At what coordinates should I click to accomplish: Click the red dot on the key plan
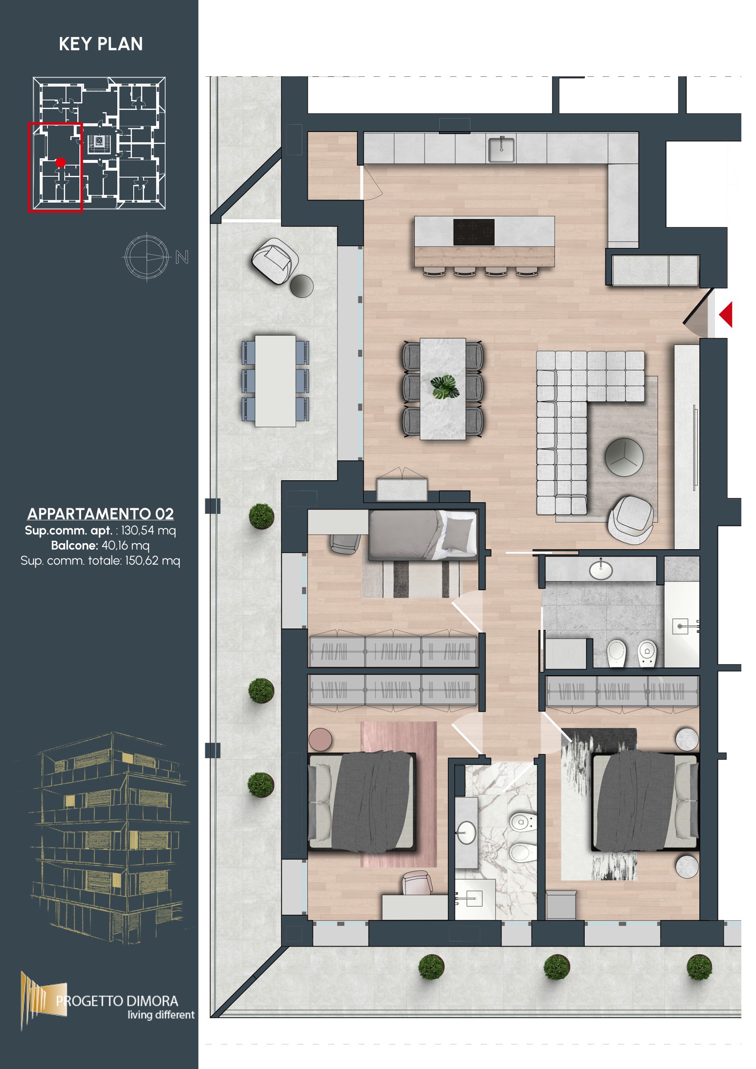point(60,163)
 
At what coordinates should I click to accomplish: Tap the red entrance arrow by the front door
point(726,314)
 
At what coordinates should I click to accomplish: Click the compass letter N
point(182,257)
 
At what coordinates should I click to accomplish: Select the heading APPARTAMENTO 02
point(100,513)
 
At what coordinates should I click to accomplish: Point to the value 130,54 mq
point(148,530)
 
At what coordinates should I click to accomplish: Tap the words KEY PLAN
point(100,44)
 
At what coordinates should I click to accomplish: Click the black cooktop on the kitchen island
point(474,232)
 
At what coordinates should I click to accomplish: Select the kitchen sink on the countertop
point(502,150)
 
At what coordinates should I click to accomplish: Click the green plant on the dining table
point(445,387)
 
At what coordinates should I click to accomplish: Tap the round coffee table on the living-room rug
point(624,457)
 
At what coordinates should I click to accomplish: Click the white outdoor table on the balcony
point(275,381)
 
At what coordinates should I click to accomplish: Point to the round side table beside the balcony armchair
point(301,285)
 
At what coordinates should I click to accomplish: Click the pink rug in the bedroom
point(399,794)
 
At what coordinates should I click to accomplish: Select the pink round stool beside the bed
point(320,740)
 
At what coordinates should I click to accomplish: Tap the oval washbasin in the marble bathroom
point(466,832)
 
